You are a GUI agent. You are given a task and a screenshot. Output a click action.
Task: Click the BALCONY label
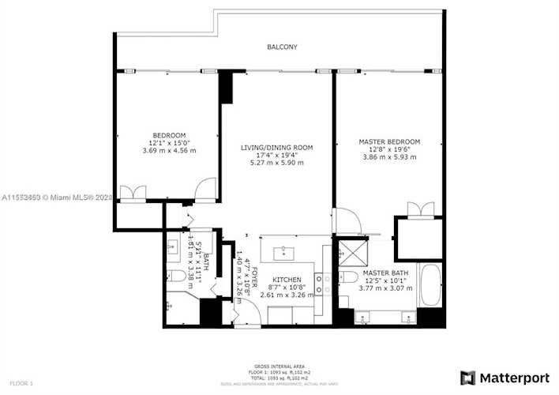[282, 47]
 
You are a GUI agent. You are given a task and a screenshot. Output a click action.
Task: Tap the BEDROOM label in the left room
[170, 135]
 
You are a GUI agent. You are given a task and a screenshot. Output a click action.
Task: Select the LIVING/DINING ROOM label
[276, 148]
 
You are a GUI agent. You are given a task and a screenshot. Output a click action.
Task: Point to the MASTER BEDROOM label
[389, 142]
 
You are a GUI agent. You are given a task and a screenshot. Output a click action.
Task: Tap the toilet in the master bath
[348, 279]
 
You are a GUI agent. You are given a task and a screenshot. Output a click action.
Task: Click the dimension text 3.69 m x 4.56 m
[170, 150]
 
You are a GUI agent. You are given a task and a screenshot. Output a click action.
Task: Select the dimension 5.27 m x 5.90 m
[276, 163]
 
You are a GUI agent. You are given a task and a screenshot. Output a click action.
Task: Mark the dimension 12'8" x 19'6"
[389, 149]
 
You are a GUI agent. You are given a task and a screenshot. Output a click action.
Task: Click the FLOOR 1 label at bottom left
[17, 383]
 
